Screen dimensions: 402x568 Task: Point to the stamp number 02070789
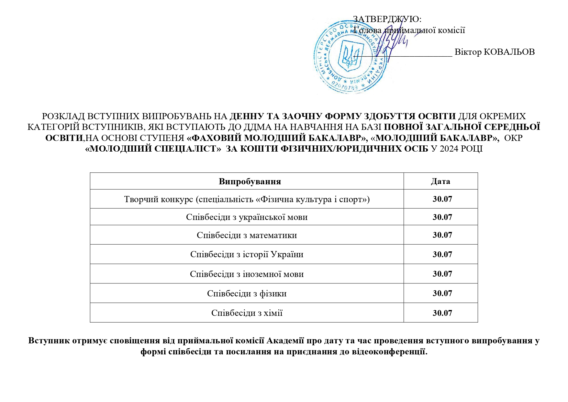345,86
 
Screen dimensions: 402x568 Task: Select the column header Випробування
250,181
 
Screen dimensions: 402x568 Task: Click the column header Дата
440,181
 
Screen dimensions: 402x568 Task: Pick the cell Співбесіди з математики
247,235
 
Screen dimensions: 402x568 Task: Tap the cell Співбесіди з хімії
247,313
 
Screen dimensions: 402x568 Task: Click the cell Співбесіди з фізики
247,293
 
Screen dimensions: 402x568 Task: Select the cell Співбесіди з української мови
247,217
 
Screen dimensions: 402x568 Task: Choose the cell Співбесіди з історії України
247,254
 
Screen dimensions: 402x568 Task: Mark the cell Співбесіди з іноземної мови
247,274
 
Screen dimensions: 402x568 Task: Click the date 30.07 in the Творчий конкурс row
442,199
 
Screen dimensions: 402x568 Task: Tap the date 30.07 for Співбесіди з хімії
442,313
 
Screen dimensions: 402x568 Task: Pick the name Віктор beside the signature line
468,52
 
